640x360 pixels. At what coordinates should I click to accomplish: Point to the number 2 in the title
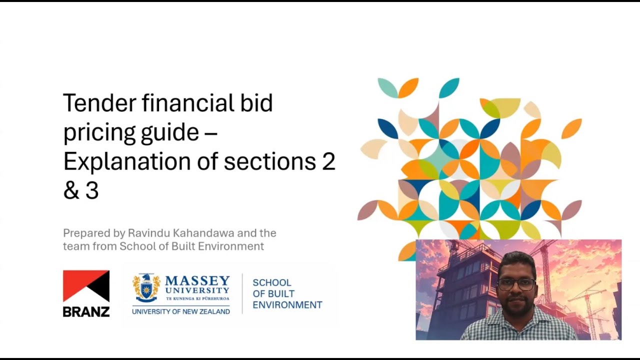tap(328, 161)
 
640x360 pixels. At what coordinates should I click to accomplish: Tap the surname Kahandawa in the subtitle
tap(200, 233)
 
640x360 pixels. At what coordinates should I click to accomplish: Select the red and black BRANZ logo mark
tap(86, 286)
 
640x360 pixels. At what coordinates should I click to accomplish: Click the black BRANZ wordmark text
tap(86, 311)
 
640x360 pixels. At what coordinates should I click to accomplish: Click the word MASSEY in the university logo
tap(197, 280)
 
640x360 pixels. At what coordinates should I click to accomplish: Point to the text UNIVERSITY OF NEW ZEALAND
tap(180, 311)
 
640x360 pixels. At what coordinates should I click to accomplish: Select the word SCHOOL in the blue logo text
tap(272, 282)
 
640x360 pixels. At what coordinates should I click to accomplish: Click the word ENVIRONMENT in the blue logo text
tap(287, 304)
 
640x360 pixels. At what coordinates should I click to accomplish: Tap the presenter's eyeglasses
tap(516, 284)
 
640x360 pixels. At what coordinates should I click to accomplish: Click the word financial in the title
tap(187, 103)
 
